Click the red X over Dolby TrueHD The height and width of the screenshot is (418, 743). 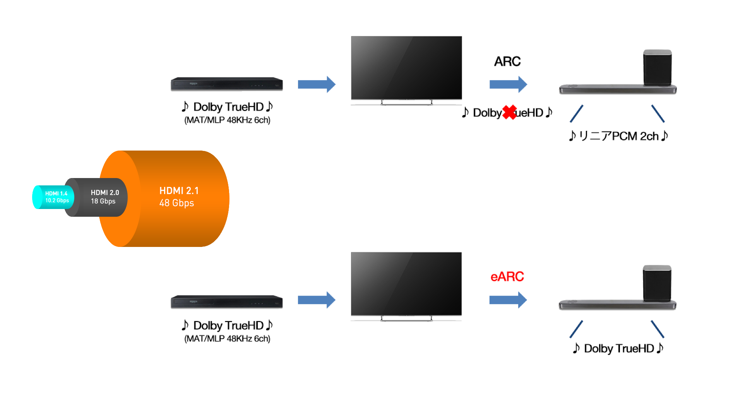pyautogui.click(x=510, y=112)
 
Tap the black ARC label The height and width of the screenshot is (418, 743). pyautogui.click(x=507, y=62)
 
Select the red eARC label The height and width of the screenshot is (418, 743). pyautogui.click(x=507, y=277)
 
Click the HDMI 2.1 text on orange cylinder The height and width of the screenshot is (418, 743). pyautogui.click(x=179, y=191)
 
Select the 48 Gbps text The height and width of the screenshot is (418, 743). pyautogui.click(x=176, y=203)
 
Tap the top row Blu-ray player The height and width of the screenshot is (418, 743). pyautogui.click(x=227, y=84)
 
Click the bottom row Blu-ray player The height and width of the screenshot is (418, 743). pyautogui.click(x=227, y=302)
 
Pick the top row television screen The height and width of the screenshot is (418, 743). pyautogui.click(x=406, y=68)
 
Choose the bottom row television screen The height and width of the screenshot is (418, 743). pyautogui.click(x=406, y=284)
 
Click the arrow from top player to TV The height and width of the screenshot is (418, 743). pyautogui.click(x=316, y=84)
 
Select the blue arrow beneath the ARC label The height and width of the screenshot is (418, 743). pyautogui.click(x=508, y=84)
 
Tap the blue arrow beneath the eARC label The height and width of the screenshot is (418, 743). pyautogui.click(x=508, y=300)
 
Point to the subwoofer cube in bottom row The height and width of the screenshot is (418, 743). pyautogui.click(x=657, y=283)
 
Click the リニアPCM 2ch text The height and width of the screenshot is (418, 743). pyautogui.click(x=618, y=136)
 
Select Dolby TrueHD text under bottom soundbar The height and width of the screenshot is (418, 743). pyautogui.click(x=618, y=348)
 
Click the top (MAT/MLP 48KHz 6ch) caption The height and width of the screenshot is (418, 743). pyautogui.click(x=227, y=120)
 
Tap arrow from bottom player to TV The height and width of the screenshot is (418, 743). pyautogui.click(x=316, y=300)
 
